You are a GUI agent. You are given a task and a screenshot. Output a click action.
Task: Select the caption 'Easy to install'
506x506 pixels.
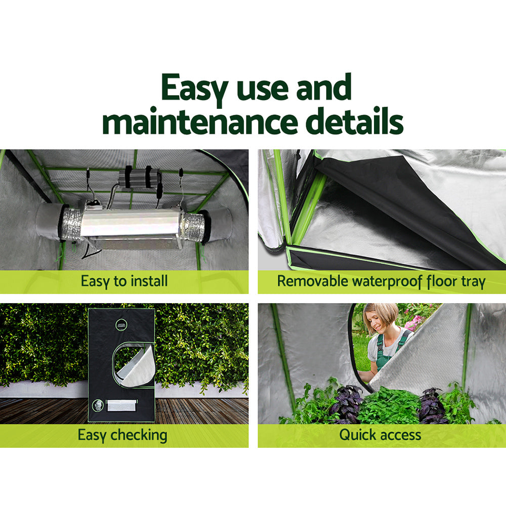[x=124, y=281]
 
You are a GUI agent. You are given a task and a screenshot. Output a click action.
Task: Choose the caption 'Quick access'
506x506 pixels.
[x=379, y=435]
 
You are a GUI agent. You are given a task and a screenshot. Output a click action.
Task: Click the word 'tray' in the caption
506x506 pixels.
[x=472, y=281]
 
